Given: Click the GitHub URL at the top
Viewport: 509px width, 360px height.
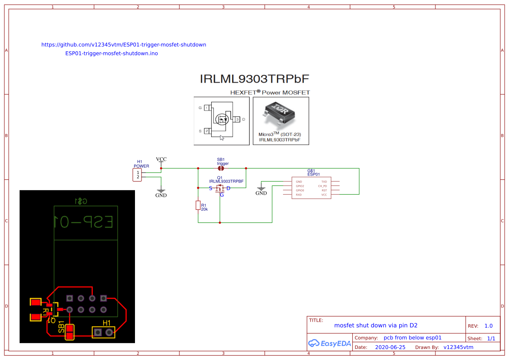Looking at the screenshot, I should [124, 45].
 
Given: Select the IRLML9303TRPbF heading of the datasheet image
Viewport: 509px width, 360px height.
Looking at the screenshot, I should [254, 79].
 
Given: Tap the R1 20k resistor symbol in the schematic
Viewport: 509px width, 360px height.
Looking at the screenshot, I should [198, 205].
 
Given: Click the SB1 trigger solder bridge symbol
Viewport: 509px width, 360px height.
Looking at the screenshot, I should [221, 168].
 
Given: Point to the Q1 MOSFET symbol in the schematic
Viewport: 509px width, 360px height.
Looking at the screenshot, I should [220, 188].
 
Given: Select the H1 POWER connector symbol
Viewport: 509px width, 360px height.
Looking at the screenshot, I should [137, 175].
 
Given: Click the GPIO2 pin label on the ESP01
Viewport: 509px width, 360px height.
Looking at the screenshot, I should [300, 186].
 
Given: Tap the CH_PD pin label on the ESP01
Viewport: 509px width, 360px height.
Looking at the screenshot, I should [322, 186].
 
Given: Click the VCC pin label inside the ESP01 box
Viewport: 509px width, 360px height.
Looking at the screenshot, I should [324, 195].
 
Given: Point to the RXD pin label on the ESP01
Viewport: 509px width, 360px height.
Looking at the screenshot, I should [299, 195].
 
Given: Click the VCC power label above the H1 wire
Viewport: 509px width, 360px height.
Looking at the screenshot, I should [161, 159].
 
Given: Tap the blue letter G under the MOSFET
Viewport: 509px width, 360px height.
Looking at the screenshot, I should [222, 195].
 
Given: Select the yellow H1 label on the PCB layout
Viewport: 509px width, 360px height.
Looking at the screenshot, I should [106, 323].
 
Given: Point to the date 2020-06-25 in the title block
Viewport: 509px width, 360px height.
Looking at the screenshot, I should [390, 347].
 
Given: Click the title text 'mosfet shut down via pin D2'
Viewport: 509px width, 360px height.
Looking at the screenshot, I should [375, 326].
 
